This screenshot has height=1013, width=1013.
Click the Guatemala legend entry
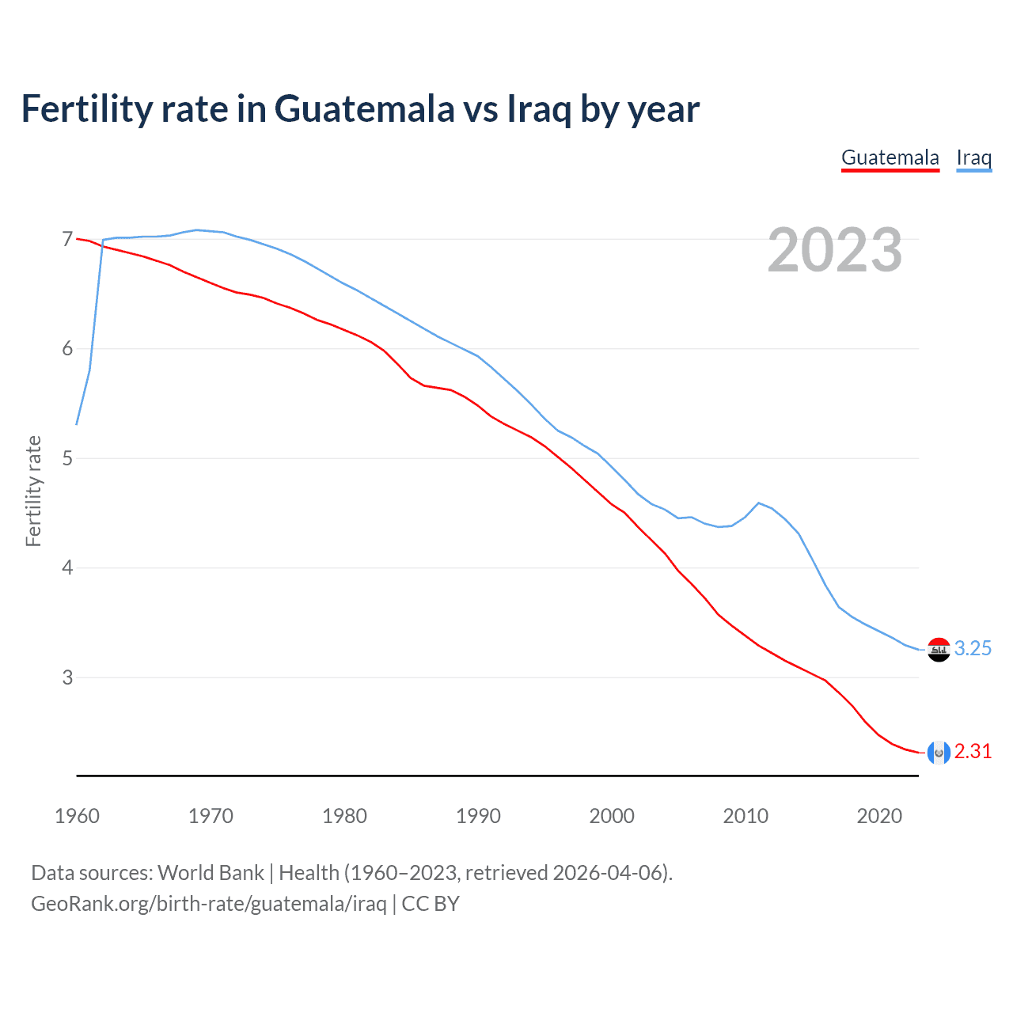coord(890,157)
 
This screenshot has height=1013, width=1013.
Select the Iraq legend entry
coord(973,157)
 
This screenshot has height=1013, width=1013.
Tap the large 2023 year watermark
coord(835,250)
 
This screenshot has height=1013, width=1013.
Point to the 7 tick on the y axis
coord(67,239)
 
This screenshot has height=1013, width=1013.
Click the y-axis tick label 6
coord(67,349)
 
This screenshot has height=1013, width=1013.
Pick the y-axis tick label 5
coord(67,458)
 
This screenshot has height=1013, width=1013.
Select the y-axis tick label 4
coord(67,567)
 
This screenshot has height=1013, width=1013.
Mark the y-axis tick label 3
coord(67,677)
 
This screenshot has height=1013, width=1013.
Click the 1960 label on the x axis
coord(77,816)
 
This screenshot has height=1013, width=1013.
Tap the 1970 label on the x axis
coord(211,816)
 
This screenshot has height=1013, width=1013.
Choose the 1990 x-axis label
coord(478,816)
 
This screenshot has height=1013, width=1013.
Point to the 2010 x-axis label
coord(746,816)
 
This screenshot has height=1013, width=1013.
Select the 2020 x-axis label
coord(879,816)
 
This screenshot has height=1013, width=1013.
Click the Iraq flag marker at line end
coord(939,650)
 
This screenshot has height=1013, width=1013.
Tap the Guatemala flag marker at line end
coord(939,753)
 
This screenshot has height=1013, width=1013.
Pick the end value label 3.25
coord(973,649)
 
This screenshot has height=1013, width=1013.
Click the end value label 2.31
coord(973,752)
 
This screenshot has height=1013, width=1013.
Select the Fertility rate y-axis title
coord(33,491)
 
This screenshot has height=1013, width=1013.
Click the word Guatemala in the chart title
coord(364,109)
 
